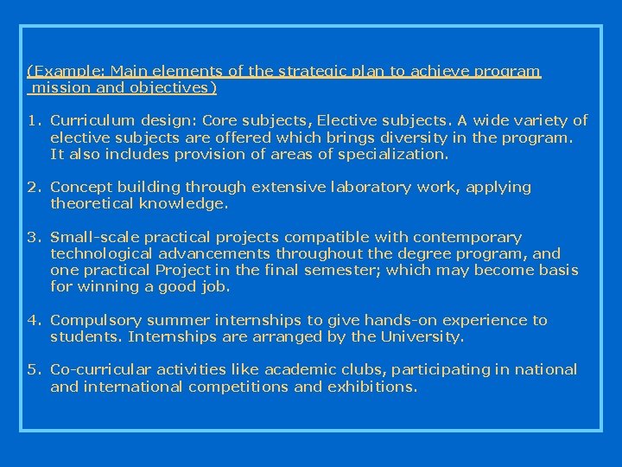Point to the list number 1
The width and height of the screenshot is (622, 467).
pyautogui.click(x=31, y=121)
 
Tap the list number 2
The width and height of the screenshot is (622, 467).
pyautogui.click(x=31, y=187)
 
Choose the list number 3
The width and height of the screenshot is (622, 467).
pyautogui.click(x=31, y=237)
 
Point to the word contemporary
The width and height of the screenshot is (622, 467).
pyautogui.click(x=467, y=237)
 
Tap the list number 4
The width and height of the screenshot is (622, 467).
pyautogui.click(x=31, y=320)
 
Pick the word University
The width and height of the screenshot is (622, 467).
pyautogui.click(x=422, y=336)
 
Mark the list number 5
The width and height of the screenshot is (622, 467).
pyautogui.click(x=31, y=370)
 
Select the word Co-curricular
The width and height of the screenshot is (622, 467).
pyautogui.click(x=97, y=370)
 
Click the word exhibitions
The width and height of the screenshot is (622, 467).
pyautogui.click(x=372, y=387)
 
